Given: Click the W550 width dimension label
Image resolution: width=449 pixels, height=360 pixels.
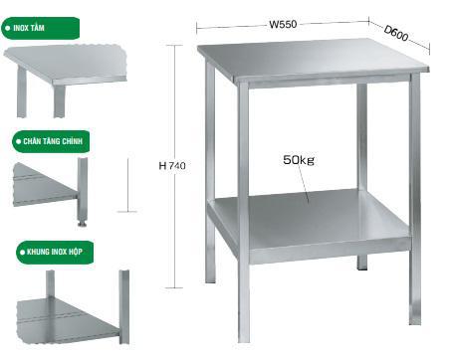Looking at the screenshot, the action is (283, 25).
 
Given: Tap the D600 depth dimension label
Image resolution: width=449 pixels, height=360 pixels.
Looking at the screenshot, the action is (396, 33).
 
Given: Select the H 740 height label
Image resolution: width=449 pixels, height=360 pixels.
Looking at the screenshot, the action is (172, 165).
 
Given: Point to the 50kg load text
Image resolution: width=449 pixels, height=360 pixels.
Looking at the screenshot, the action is (299, 160).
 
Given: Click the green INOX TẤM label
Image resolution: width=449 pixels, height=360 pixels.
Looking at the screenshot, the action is (40, 28).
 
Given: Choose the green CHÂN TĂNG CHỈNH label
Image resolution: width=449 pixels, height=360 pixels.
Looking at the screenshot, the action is (51, 141).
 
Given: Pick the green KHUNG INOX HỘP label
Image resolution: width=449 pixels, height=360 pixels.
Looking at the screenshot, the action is (55, 253).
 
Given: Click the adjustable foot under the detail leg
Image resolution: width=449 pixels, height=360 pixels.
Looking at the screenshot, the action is (82, 222).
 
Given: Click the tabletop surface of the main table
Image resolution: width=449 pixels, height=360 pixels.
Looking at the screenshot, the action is (312, 59).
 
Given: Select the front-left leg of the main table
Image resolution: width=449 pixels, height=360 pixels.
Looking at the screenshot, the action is (243, 212).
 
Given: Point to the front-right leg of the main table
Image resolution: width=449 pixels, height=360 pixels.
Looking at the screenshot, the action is (415, 199).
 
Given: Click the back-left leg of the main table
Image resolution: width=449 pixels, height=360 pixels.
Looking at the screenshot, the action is (210, 172).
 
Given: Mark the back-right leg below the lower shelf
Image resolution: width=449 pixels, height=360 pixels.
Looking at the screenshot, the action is (362, 262).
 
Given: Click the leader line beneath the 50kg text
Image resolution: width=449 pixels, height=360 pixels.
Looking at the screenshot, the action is (304, 184).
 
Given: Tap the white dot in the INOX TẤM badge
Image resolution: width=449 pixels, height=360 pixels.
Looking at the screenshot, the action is (8, 29).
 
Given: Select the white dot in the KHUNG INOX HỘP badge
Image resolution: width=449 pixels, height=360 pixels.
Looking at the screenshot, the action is (22, 253).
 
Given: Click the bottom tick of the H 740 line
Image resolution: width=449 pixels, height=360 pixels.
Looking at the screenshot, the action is (174, 287).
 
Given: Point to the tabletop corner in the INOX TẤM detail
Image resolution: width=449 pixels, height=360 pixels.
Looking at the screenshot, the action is (53, 82).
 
